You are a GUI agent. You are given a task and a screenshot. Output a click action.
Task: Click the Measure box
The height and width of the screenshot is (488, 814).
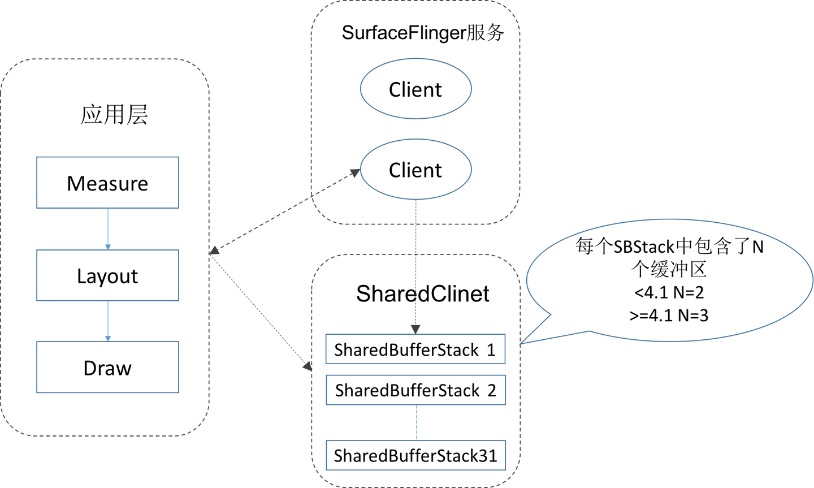coord(107,183)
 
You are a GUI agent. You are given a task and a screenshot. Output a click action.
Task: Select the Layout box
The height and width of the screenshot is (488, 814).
coord(107,275)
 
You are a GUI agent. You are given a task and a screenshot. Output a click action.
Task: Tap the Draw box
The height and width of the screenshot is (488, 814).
coord(107,367)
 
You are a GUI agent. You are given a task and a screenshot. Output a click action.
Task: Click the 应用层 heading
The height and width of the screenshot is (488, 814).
coord(114,115)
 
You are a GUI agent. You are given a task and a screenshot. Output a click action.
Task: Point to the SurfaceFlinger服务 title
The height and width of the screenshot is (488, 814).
coord(423,33)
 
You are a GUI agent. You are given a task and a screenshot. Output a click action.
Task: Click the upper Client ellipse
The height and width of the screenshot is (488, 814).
coord(415,89)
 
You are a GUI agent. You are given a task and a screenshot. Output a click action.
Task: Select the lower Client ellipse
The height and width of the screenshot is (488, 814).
coord(415,169)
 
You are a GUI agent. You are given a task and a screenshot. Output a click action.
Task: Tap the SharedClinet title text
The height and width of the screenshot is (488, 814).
coord(423,293)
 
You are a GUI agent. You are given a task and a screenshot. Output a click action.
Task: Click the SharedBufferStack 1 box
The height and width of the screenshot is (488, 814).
coord(415,349)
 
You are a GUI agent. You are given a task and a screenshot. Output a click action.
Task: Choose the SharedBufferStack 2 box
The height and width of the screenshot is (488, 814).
coord(415,390)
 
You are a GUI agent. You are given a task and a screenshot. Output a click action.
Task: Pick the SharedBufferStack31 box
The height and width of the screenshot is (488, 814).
coord(415,455)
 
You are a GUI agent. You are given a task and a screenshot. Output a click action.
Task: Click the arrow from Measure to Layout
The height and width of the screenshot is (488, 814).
coord(108,229)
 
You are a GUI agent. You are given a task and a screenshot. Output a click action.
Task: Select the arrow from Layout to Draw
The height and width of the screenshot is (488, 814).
coord(108,321)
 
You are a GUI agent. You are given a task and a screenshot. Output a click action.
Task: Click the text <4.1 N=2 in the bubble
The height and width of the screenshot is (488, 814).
coord(669,292)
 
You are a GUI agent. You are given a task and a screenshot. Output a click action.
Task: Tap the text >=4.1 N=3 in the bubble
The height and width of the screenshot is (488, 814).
coord(669,316)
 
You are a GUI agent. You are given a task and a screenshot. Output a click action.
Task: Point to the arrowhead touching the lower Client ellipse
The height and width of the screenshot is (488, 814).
coord(355,172)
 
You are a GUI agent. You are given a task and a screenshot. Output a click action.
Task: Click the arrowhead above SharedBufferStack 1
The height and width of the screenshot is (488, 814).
coord(415,330)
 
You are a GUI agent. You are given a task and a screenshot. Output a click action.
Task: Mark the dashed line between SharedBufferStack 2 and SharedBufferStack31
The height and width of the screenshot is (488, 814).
coord(416,422)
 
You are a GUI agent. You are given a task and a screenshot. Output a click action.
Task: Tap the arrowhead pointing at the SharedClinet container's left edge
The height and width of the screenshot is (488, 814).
coord(308,366)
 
